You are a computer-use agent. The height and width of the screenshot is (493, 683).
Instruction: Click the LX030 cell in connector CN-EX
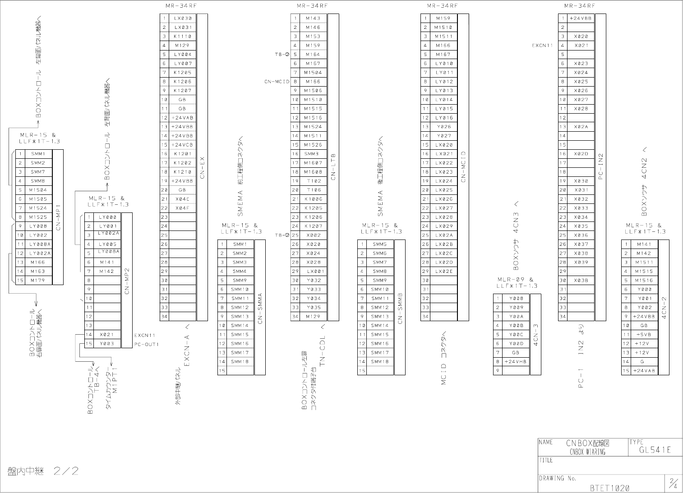[182, 18]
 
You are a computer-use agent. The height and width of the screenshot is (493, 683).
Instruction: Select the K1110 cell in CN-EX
[182, 37]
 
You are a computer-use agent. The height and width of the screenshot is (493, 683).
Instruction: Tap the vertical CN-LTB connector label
[333, 167]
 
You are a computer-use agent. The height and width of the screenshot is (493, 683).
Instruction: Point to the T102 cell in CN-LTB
[314, 181]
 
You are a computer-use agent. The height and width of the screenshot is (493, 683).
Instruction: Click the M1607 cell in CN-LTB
[314, 163]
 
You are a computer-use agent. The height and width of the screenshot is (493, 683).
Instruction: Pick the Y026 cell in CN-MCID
[444, 127]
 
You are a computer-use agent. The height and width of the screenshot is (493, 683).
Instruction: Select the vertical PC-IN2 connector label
[600, 167]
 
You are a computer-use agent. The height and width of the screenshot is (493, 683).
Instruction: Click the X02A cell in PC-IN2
[581, 127]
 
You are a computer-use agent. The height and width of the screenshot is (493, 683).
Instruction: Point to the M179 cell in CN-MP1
[38, 281]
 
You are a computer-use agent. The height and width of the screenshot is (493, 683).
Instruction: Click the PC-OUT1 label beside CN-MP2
[147, 344]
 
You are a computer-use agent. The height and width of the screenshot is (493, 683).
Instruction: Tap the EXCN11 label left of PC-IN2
[542, 46]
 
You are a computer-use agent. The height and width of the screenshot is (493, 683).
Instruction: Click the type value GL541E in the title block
[655, 450]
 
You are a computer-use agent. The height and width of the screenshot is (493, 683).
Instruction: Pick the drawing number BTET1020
[609, 488]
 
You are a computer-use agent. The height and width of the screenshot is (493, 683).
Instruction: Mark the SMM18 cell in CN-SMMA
[240, 362]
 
